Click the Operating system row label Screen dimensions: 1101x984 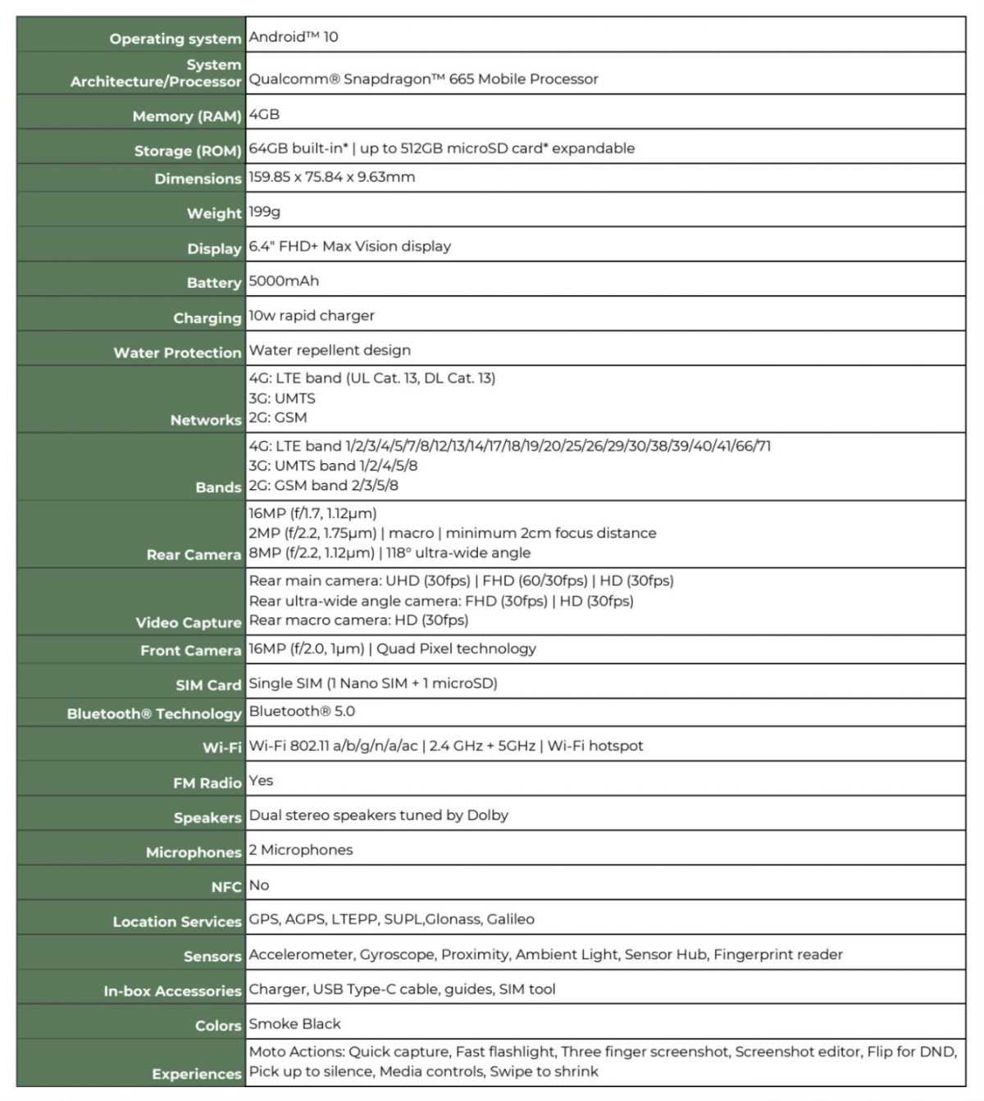[x=175, y=39]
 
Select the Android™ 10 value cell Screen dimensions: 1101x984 [x=294, y=37]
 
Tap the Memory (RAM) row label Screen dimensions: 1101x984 [x=187, y=116]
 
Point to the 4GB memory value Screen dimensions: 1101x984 [x=264, y=114]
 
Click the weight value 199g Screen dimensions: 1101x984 [x=265, y=212]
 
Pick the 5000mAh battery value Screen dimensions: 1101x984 [x=284, y=280]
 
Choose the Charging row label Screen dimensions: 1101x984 [x=207, y=318]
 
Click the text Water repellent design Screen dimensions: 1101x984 [x=330, y=350]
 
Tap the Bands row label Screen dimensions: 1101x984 [x=218, y=487]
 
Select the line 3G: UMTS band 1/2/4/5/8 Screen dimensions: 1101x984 [x=333, y=466]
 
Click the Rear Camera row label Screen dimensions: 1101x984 [x=194, y=555]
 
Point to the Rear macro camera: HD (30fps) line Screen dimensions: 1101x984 [x=358, y=621]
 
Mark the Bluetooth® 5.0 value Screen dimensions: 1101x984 [x=302, y=711]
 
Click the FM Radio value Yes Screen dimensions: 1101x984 [x=261, y=780]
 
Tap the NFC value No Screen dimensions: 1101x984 [x=259, y=885]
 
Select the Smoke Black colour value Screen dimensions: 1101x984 [x=294, y=1023]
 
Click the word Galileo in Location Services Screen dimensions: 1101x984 [x=510, y=919]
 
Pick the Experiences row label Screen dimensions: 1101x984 [x=197, y=1073]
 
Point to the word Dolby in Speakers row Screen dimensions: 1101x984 [x=488, y=815]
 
